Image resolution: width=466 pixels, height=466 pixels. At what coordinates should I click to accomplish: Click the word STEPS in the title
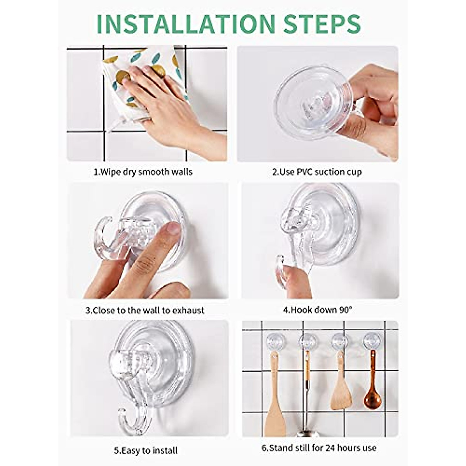(322, 24)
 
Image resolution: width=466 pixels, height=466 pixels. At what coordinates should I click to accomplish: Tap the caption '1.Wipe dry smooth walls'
(143, 172)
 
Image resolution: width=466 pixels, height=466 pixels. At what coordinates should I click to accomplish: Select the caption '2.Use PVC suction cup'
(316, 172)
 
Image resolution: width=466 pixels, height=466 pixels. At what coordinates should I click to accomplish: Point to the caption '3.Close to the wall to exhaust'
(144, 310)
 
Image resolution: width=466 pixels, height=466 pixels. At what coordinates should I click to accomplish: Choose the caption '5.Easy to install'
(146, 450)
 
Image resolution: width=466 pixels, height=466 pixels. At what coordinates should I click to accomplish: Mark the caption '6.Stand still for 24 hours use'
(318, 448)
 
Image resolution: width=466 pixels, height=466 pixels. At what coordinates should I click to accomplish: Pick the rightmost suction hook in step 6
(372, 341)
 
